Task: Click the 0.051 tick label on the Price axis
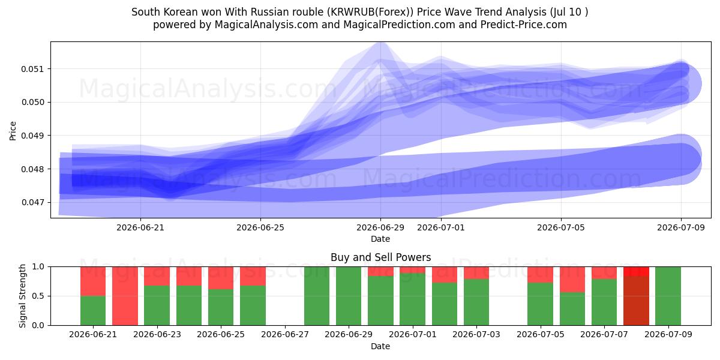pyautogui.click(x=32, y=69)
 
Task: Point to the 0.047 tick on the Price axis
pyautogui.click(x=32, y=203)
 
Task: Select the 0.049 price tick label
pyautogui.click(x=32, y=136)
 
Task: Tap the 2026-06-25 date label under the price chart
pyautogui.click(x=260, y=227)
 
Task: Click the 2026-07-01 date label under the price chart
pyautogui.click(x=440, y=227)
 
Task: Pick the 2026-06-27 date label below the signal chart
pyautogui.click(x=285, y=334)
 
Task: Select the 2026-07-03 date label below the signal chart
pyautogui.click(x=476, y=334)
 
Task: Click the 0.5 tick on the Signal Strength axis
pyautogui.click(x=38, y=296)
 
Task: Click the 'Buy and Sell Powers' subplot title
pyautogui.click(x=380, y=257)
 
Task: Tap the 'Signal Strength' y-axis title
pyautogui.click(x=22, y=296)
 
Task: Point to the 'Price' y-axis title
pyautogui.click(x=13, y=131)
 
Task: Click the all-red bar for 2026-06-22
pyautogui.click(x=125, y=296)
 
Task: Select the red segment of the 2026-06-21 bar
pyautogui.click(x=93, y=281)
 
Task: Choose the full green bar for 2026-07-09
pyautogui.click(x=668, y=296)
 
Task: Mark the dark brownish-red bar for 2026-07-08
pyautogui.click(x=636, y=301)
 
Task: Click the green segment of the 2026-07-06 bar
pyautogui.click(x=572, y=308)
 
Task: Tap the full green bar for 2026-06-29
pyautogui.click(x=349, y=296)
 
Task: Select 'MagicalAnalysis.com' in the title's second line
pyautogui.click(x=266, y=25)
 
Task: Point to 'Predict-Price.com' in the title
pyautogui.click(x=524, y=25)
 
